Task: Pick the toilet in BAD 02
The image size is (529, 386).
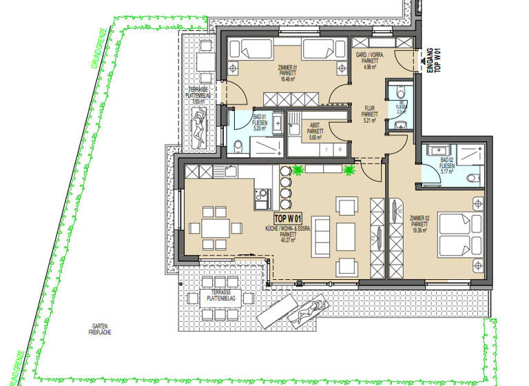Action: click(x=472, y=177)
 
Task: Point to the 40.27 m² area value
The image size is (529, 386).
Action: click(x=287, y=241)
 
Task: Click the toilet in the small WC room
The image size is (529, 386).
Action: click(x=400, y=125)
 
